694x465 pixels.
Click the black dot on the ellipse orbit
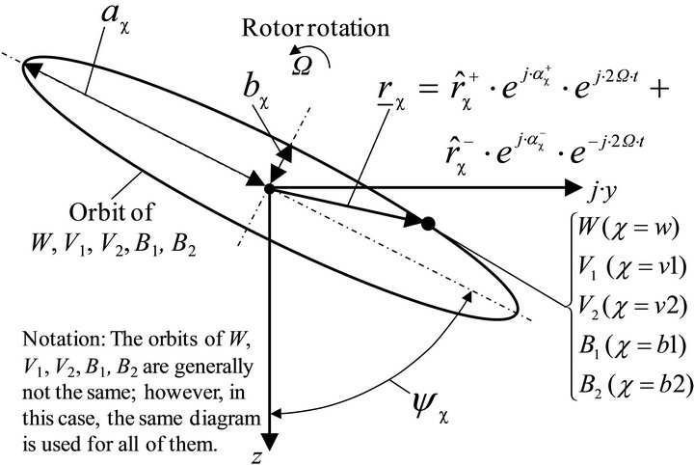click(x=430, y=224)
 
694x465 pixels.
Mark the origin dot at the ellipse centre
click(x=271, y=187)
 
